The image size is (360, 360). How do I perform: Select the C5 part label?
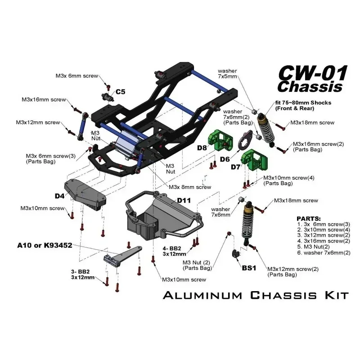121,92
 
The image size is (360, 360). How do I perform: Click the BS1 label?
249,268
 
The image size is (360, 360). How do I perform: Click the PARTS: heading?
310,217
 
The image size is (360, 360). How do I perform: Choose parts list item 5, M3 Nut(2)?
315,247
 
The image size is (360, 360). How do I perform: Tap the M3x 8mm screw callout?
190,187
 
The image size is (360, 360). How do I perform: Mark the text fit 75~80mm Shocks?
303,103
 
